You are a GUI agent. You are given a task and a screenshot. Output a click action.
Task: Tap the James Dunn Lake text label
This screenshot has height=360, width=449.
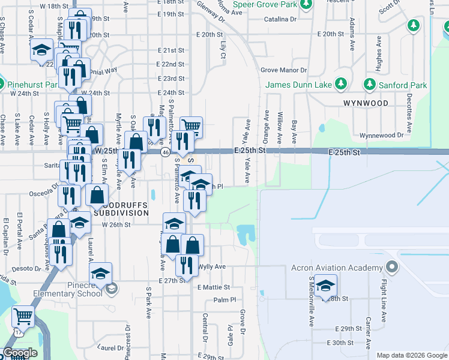click(x=298, y=85)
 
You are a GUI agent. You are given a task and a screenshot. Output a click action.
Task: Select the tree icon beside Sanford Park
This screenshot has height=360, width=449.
click(x=370, y=85)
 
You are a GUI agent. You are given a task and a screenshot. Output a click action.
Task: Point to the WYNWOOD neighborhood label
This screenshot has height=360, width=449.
click(x=366, y=103)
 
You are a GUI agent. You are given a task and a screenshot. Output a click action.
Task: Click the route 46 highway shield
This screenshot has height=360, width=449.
click(x=164, y=152)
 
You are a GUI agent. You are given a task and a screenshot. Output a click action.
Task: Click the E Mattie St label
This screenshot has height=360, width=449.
click(x=214, y=288)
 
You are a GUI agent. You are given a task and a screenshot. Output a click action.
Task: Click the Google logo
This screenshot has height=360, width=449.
click(x=20, y=353)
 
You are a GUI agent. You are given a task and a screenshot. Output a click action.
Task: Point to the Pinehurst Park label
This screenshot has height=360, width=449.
click(x=34, y=85)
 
